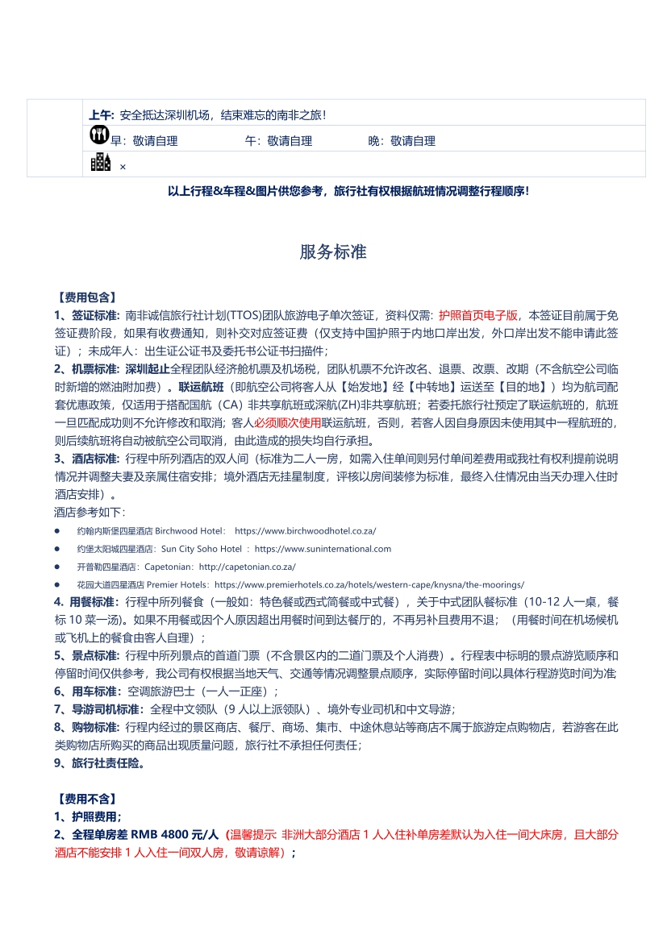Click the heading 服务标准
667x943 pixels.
(x=333, y=252)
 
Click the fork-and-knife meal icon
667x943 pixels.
(x=99, y=136)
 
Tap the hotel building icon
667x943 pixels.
(x=101, y=163)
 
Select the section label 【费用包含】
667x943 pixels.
(x=85, y=297)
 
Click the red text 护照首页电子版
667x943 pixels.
(x=478, y=315)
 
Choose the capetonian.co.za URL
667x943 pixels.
(x=247, y=567)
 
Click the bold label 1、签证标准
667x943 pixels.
(x=87, y=315)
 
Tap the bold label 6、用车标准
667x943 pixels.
(x=87, y=692)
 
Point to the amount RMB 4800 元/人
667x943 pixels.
(x=175, y=835)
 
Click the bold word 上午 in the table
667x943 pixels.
(x=102, y=115)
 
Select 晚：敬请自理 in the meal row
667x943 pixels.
(x=402, y=141)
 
